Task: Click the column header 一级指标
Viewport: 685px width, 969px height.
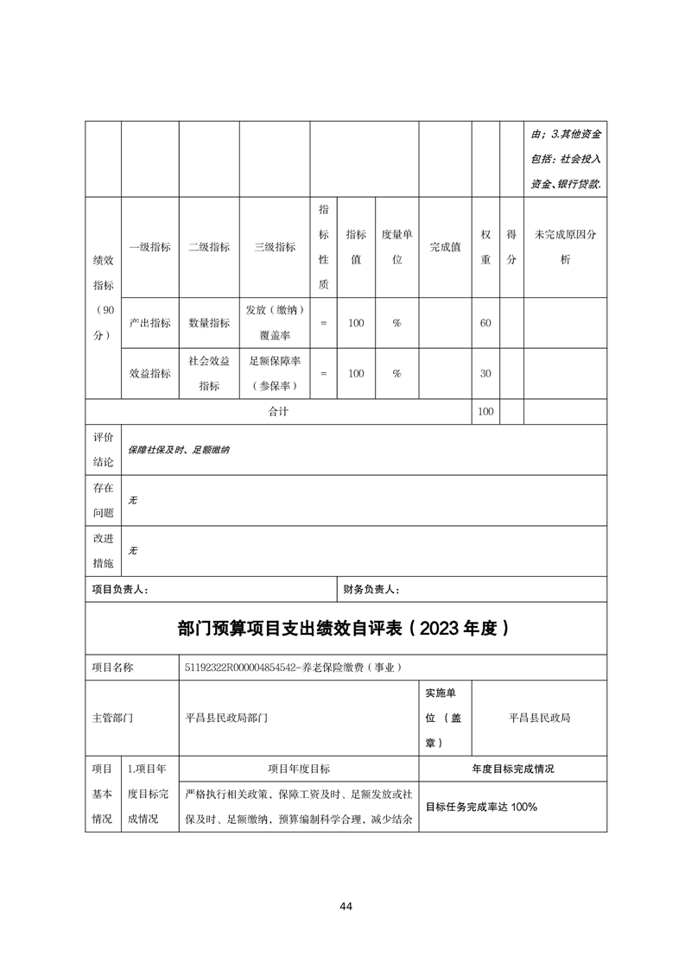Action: pyautogui.click(x=149, y=247)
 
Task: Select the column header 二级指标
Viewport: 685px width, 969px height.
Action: pyautogui.click(x=209, y=247)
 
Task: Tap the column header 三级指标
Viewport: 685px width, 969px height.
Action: pyautogui.click(x=275, y=247)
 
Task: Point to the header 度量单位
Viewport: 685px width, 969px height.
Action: pyautogui.click(x=396, y=247)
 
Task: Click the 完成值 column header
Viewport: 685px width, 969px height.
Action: pyautogui.click(x=445, y=247)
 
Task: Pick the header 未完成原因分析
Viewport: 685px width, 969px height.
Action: pyautogui.click(x=565, y=247)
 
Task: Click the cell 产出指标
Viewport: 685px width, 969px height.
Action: pyautogui.click(x=149, y=323)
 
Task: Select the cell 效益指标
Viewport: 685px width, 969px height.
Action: pyautogui.click(x=149, y=374)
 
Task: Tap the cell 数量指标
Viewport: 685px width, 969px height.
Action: pyautogui.click(x=209, y=323)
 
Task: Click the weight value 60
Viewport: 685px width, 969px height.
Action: pyautogui.click(x=485, y=323)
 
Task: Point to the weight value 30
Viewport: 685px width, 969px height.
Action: pyautogui.click(x=485, y=374)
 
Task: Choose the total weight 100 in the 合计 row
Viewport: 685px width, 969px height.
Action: pyautogui.click(x=485, y=412)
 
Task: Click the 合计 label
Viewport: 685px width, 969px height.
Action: pyautogui.click(x=277, y=412)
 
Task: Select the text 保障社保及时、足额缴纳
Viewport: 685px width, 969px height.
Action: pyautogui.click(x=179, y=450)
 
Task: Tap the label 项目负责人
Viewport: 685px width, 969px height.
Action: pyautogui.click(x=120, y=590)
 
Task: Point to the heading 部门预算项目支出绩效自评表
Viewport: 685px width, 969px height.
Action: pyautogui.click(x=345, y=629)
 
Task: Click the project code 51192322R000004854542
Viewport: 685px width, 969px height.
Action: pyautogui.click(x=238, y=668)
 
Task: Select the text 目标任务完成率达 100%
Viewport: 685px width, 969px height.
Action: pyautogui.click(x=482, y=807)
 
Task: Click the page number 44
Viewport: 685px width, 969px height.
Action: pyautogui.click(x=346, y=906)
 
